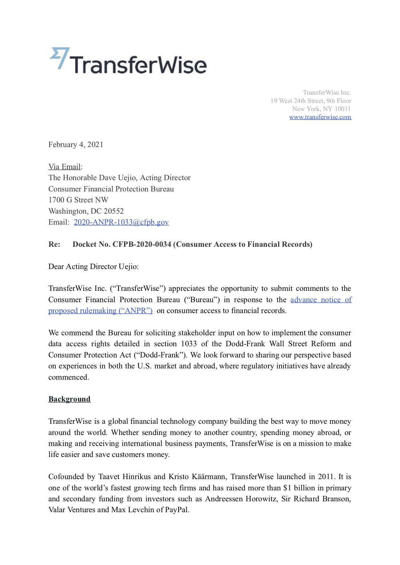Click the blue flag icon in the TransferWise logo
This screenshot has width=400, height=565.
(59, 58)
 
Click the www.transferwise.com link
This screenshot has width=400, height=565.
(320, 117)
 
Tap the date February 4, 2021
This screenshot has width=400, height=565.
(76, 144)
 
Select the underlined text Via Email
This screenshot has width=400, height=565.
(64, 167)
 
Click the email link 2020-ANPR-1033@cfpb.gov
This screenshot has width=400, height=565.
(121, 222)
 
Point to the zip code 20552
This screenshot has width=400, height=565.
(113, 211)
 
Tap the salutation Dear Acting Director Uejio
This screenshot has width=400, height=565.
(93, 266)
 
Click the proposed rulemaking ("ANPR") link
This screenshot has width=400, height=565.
(100, 310)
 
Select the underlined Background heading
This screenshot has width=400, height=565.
(69, 399)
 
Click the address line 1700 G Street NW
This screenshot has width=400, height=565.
(78, 200)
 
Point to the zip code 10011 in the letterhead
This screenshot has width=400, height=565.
(342, 109)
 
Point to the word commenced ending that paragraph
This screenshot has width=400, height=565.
(68, 377)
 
